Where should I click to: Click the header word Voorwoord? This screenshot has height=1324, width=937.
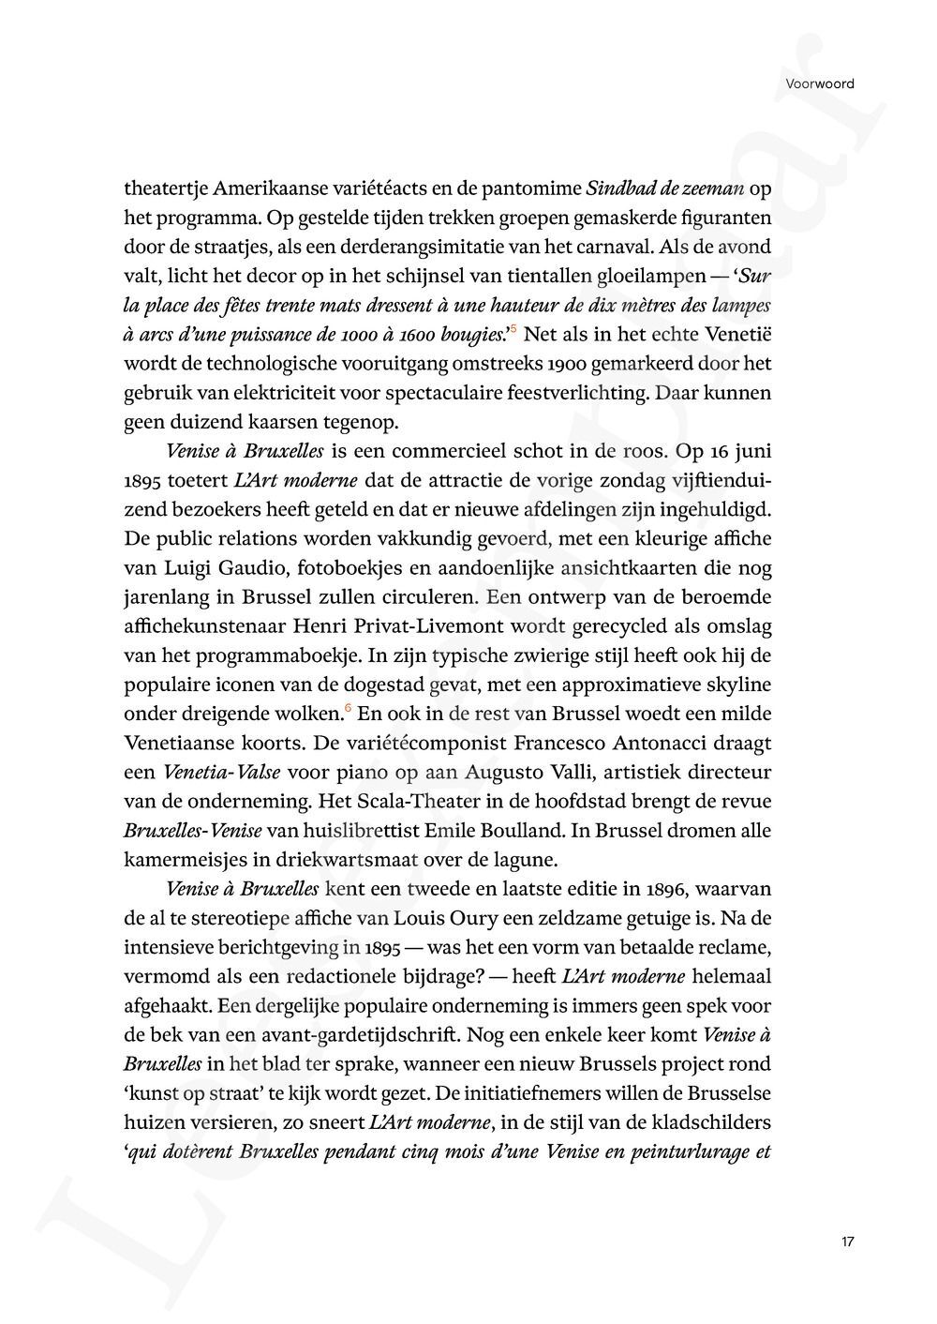820,83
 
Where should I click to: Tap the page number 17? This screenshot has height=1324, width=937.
847,1241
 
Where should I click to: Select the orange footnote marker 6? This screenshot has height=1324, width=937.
350,707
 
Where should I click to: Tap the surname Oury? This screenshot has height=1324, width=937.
475,917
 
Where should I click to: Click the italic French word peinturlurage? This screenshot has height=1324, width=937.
690,1151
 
